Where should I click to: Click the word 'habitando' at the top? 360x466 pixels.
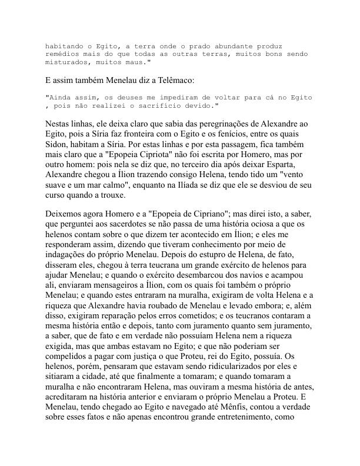(x=64, y=46)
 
